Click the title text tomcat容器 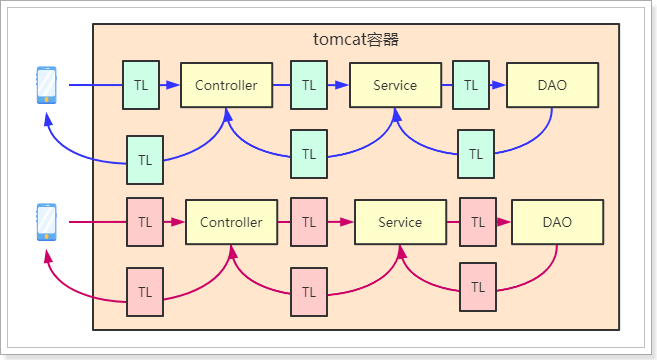[x=357, y=40]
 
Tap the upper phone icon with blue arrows [x=46, y=85]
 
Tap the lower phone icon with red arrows [x=46, y=221]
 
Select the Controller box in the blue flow [x=226, y=85]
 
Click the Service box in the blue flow [x=395, y=85]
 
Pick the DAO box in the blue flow [x=552, y=85]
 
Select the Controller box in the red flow [x=231, y=222]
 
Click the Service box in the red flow [x=400, y=222]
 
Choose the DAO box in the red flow [x=557, y=222]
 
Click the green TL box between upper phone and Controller [x=140, y=85]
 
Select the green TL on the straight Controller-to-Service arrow [x=309, y=85]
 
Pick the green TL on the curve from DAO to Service [x=476, y=154]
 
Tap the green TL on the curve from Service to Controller [x=309, y=154]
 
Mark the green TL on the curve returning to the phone [x=145, y=159]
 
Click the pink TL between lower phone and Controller [x=145, y=222]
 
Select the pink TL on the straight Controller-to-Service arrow [x=309, y=222]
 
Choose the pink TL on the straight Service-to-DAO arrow [x=477, y=222]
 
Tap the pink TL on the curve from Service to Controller [x=309, y=292]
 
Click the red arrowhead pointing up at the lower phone [x=46, y=256]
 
